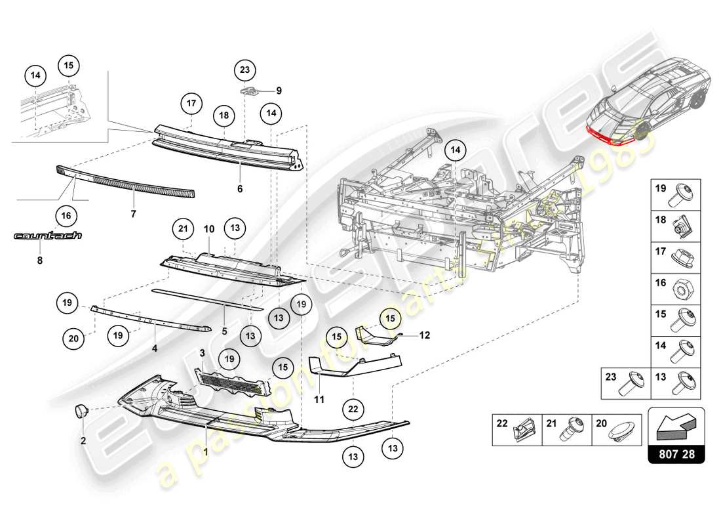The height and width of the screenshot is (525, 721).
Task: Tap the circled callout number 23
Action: pyautogui.click(x=244, y=69)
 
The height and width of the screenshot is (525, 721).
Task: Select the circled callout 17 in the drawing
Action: pyautogui.click(x=191, y=103)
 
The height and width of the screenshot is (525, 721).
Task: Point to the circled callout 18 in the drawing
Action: pyautogui.click(x=224, y=115)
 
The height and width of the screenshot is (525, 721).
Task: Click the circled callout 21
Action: pyautogui.click(x=184, y=228)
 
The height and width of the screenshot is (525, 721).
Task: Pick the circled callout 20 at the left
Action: pyautogui.click(x=74, y=339)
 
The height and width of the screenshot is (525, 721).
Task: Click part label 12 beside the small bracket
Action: pyautogui.click(x=425, y=335)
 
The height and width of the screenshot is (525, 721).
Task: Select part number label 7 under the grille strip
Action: pyautogui.click(x=134, y=215)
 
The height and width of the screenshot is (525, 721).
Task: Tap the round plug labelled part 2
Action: pyautogui.click(x=83, y=411)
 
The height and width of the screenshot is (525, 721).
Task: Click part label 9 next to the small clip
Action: pyautogui.click(x=278, y=90)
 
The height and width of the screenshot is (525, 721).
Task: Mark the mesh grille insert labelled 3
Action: pyautogui.click(x=233, y=381)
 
